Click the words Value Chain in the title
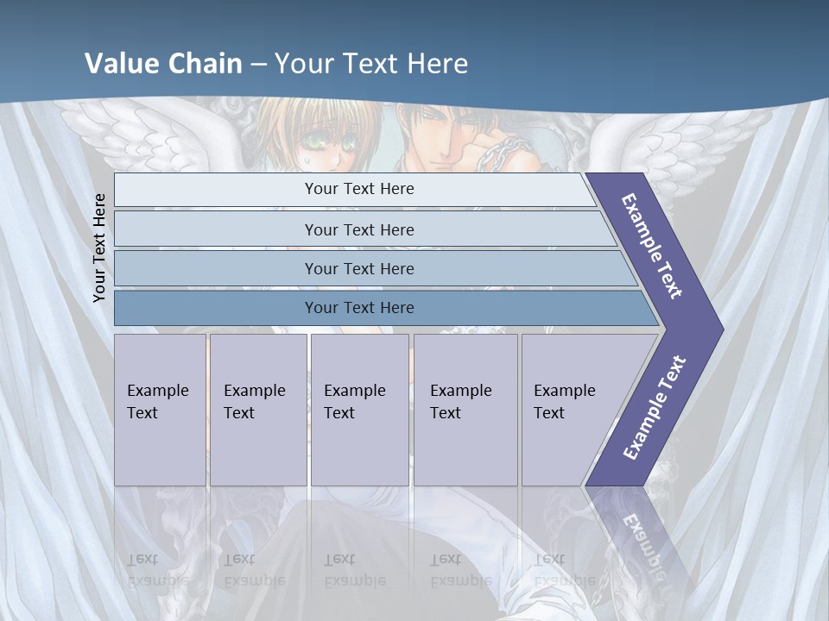(163, 64)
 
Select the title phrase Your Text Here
(371, 64)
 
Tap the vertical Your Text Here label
(99, 248)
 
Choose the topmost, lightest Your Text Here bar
(358, 189)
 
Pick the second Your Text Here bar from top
(358, 229)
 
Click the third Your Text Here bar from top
(358, 268)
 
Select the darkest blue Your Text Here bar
(358, 308)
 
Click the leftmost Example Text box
(160, 410)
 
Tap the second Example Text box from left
(258, 410)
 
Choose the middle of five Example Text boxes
(359, 410)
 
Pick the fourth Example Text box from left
(465, 410)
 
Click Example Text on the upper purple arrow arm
(653, 246)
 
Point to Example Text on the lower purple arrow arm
(655, 407)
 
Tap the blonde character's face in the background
(324, 138)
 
